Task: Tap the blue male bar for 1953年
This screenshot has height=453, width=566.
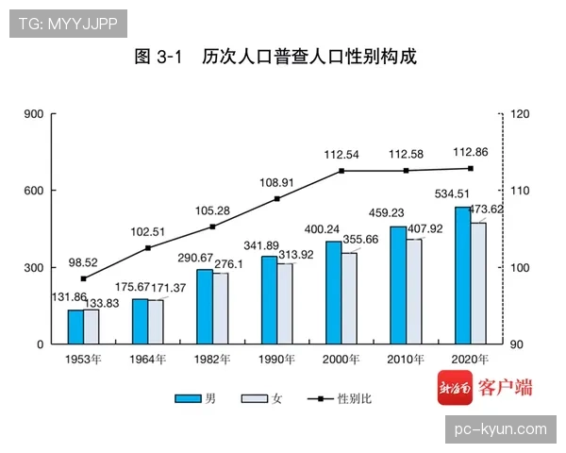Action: tap(75, 327)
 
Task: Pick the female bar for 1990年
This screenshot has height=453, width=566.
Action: tap(285, 304)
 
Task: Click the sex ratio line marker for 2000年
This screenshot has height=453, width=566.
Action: tap(341, 171)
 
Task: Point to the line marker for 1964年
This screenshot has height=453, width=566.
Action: tap(148, 248)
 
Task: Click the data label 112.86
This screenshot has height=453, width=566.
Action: tap(470, 151)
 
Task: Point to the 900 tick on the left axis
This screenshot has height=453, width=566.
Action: tap(34, 114)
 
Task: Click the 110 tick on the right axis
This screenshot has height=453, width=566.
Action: tap(520, 191)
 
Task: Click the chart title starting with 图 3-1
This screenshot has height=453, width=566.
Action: tap(275, 57)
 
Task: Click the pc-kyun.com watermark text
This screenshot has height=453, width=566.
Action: tap(500, 429)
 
